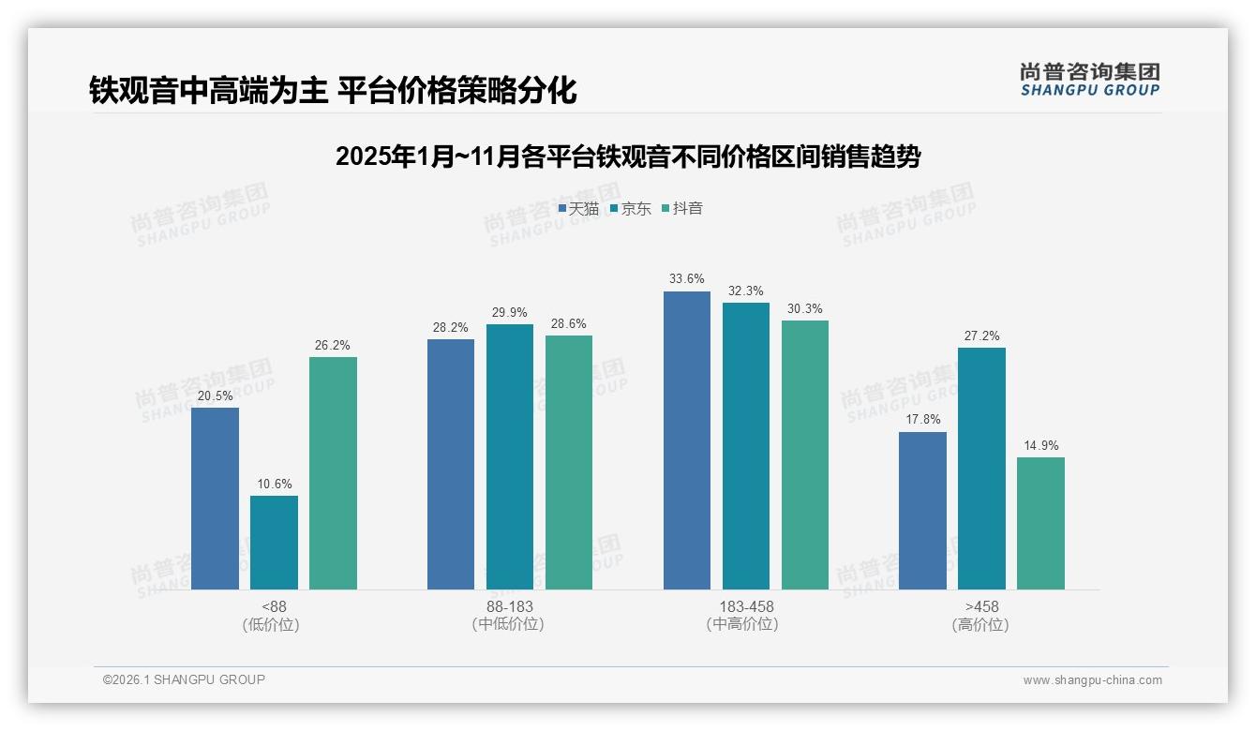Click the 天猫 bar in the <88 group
[x=215, y=499]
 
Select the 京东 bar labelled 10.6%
[x=274, y=543]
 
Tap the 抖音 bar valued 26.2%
[x=333, y=473]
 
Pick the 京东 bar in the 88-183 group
[x=510, y=456]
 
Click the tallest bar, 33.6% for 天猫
[x=687, y=440]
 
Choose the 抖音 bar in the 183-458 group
[x=805, y=455]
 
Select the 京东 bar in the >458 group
[x=981, y=469]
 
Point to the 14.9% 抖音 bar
[x=1040, y=523]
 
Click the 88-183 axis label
[x=509, y=606]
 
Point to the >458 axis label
[x=981, y=606]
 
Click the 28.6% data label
[x=569, y=324]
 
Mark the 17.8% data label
[x=922, y=420]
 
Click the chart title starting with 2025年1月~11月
[x=627, y=157]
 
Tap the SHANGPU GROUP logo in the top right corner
[x=1089, y=80]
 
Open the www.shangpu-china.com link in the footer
[x=1092, y=680]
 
